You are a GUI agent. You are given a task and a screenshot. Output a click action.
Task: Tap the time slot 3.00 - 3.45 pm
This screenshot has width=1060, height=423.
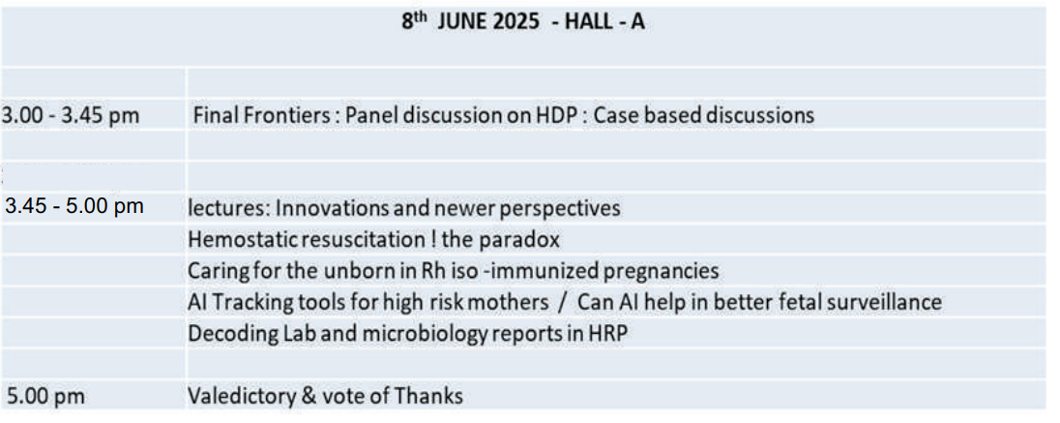tap(71, 115)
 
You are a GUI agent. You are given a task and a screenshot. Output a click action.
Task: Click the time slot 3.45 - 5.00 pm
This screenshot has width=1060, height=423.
tap(74, 205)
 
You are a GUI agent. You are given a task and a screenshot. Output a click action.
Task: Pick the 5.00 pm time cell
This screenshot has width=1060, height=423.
tap(46, 395)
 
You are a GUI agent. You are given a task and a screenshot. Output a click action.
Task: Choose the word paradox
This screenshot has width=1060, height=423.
tap(525, 241)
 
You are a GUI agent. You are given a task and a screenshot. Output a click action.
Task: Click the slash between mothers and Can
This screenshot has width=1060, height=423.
tap(563, 303)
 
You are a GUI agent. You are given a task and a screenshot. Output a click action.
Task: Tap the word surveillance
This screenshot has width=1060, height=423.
tap(886, 302)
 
